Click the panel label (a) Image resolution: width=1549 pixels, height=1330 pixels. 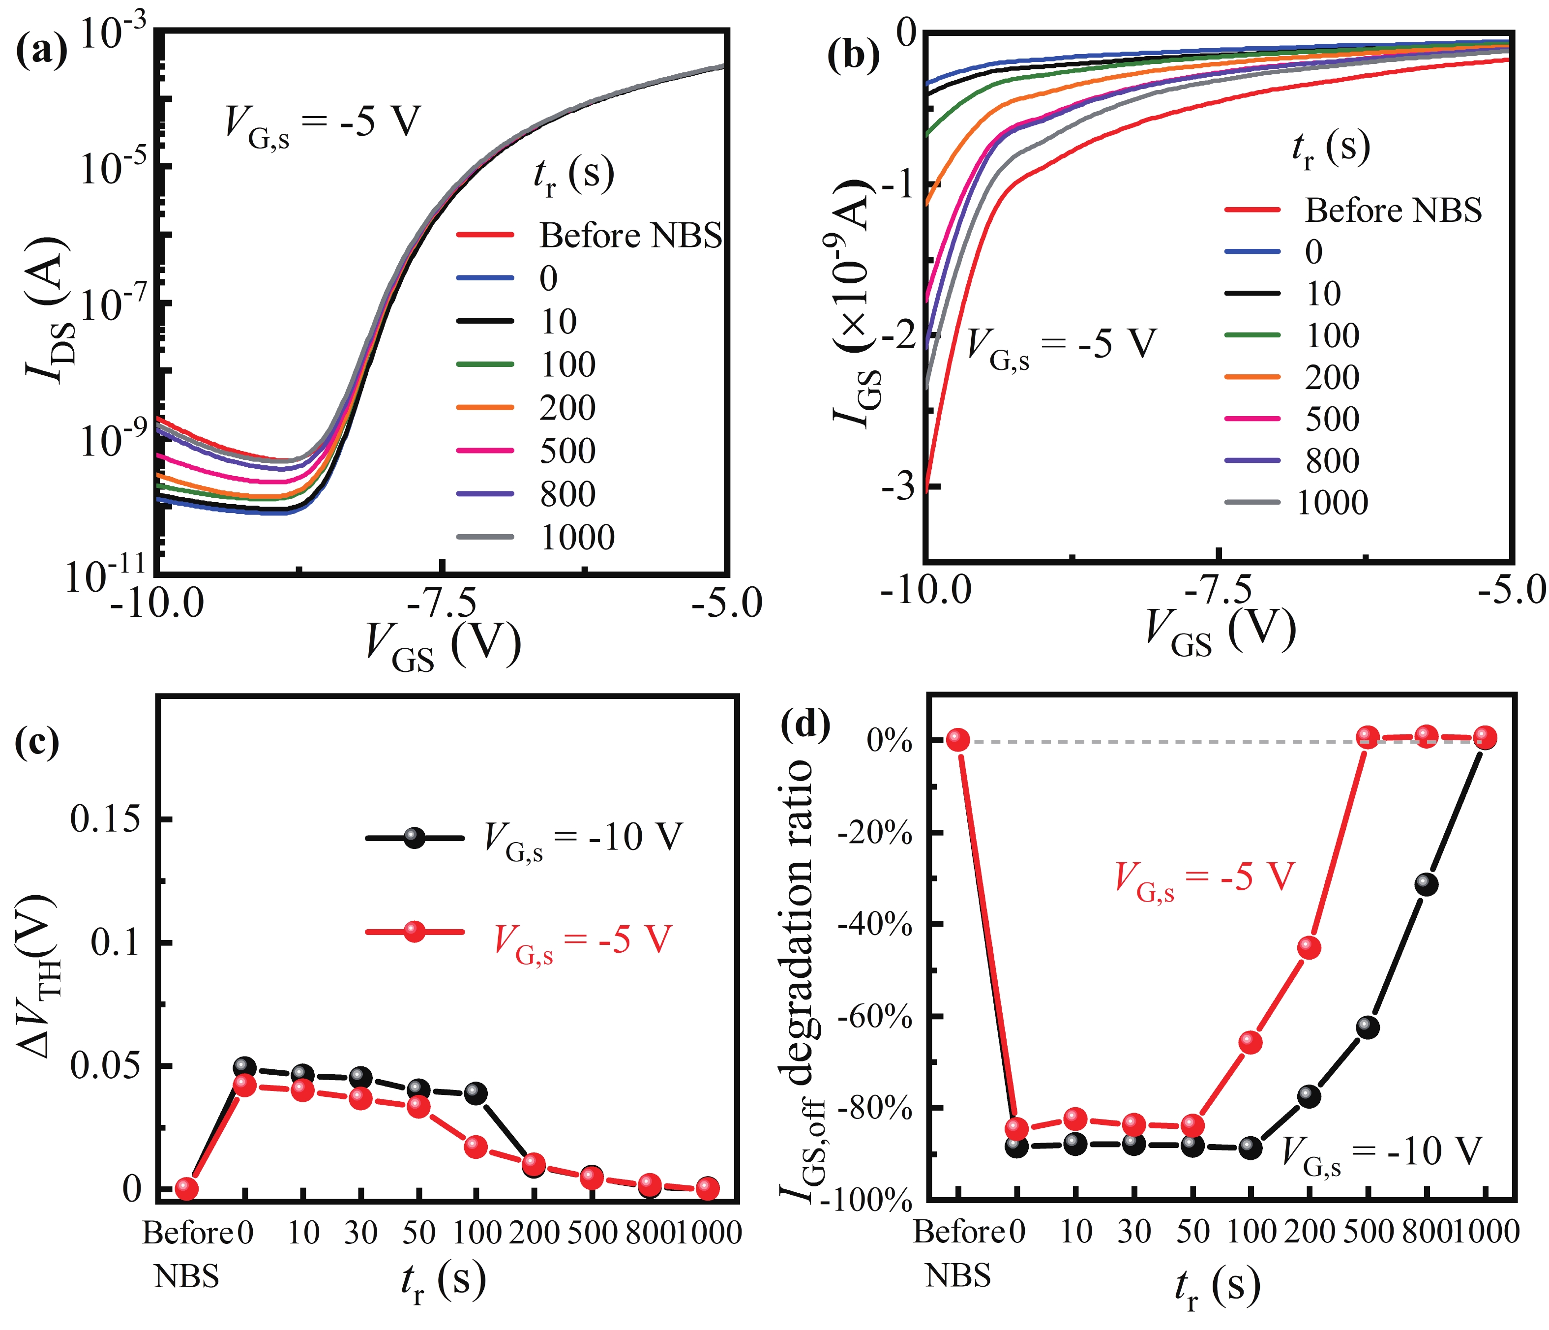pyautogui.click(x=41, y=51)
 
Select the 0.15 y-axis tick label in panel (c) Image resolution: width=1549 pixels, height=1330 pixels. pyautogui.click(x=105, y=819)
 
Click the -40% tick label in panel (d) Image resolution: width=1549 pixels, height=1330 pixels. pyautogui.click(x=875, y=925)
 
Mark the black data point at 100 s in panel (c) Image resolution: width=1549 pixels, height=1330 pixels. pyautogui.click(x=476, y=1094)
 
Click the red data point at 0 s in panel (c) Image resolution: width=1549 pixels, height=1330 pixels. pyautogui.click(x=244, y=1086)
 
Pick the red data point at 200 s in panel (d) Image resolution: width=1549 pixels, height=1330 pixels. pyautogui.click(x=1308, y=948)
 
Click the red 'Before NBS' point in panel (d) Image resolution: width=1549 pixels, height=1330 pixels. pyautogui.click(x=957, y=740)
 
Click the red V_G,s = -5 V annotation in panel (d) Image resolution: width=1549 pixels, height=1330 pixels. pyautogui.click(x=1204, y=878)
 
